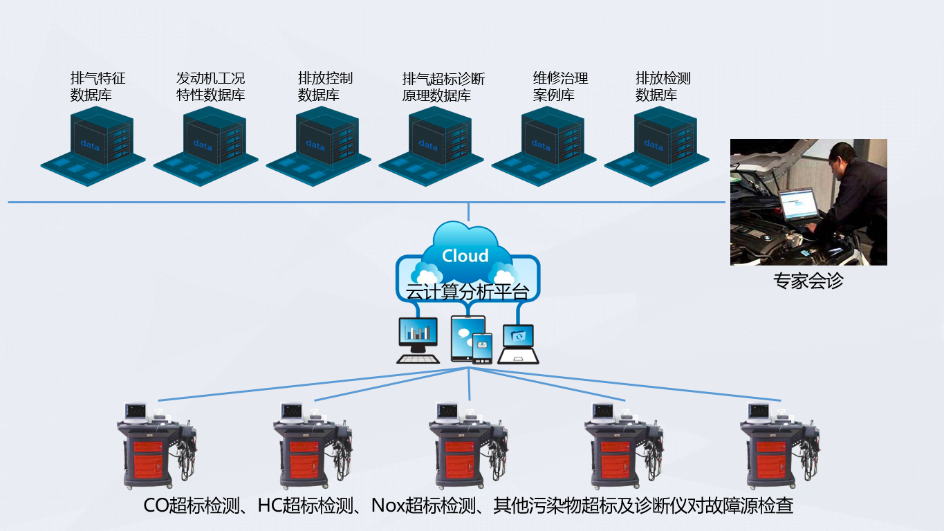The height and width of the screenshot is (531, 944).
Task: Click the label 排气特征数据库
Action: (x=98, y=87)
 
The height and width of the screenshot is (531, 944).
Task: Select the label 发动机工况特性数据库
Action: (x=210, y=87)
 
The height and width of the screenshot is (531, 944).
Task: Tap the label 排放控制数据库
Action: (x=325, y=87)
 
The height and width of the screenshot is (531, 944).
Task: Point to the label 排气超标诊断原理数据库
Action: (x=443, y=87)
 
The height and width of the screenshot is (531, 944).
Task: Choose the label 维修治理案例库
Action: (x=560, y=87)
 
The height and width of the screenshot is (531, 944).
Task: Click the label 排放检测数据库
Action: (x=663, y=87)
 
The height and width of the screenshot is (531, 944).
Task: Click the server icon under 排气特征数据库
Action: (x=93, y=146)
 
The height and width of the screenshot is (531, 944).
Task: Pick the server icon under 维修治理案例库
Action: (x=544, y=146)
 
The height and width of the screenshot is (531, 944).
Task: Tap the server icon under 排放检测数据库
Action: (x=656, y=146)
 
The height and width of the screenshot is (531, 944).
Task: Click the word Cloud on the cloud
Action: (x=465, y=256)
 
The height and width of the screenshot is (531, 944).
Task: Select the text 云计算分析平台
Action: (x=468, y=292)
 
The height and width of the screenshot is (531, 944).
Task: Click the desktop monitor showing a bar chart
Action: (x=418, y=340)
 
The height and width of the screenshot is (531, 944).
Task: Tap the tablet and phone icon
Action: (x=471, y=339)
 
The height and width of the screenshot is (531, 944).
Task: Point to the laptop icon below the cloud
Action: (x=518, y=344)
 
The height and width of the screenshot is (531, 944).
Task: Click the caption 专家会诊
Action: (x=808, y=281)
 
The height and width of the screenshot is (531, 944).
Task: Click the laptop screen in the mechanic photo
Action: (x=798, y=204)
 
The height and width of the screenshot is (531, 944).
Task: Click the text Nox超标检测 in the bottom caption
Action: (x=423, y=505)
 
